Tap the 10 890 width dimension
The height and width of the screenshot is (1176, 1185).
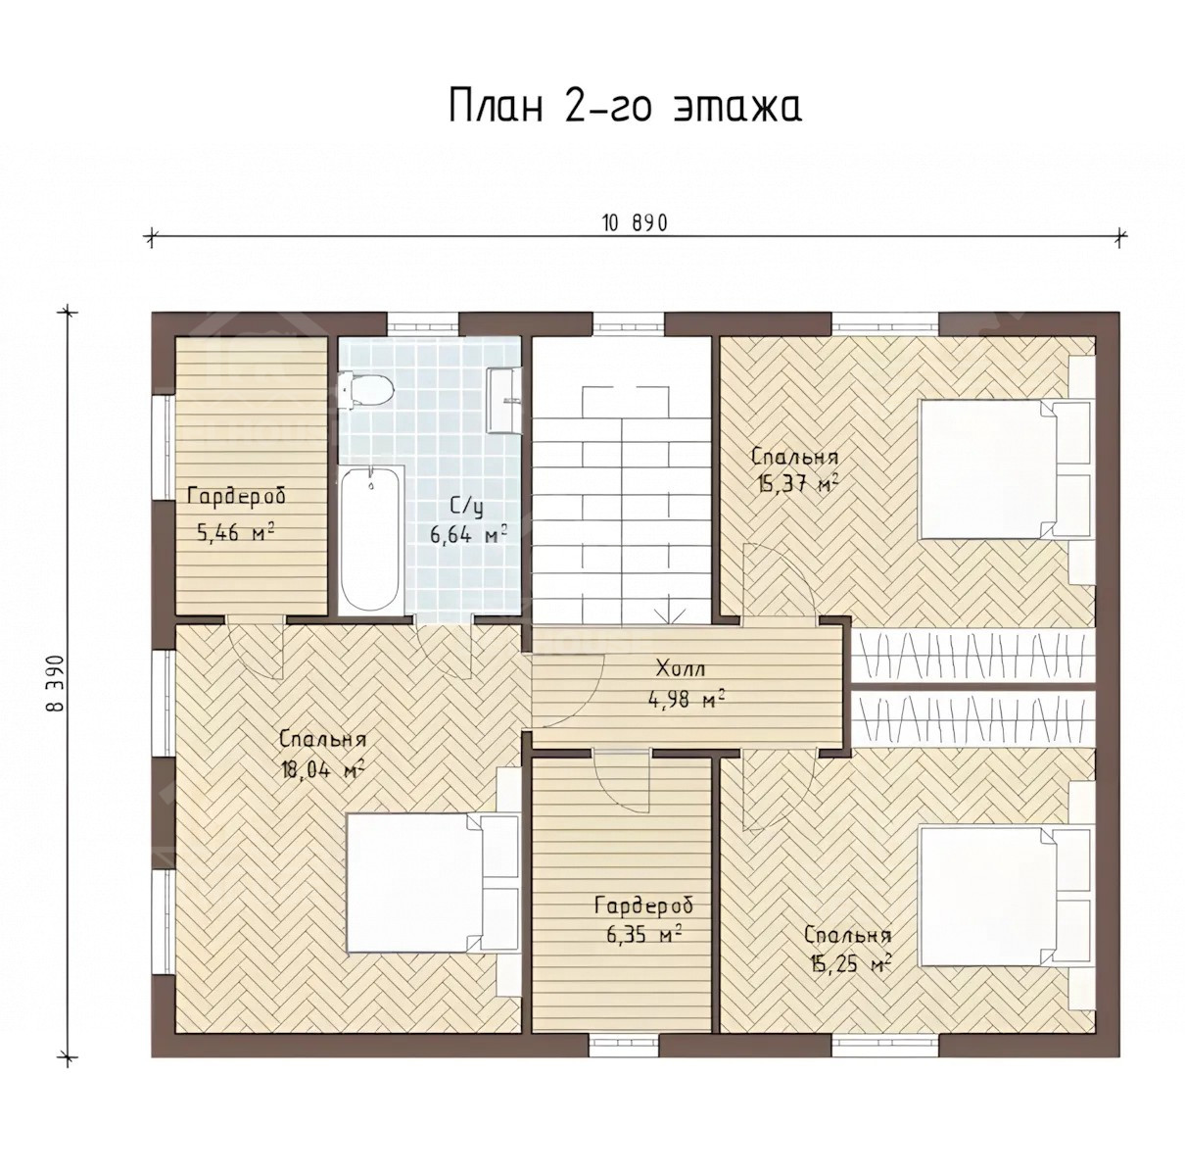tap(635, 223)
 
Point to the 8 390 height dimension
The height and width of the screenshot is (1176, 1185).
tap(57, 692)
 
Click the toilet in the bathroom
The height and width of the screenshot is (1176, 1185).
tap(364, 389)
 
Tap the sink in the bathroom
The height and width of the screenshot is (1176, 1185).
tap(503, 400)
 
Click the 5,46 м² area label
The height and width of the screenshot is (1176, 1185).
tap(235, 531)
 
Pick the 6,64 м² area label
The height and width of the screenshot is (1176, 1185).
tap(468, 533)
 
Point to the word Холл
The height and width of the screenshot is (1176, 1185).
tap(682, 668)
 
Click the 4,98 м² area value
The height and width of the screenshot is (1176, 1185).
tap(686, 699)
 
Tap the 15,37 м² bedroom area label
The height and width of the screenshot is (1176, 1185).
tap(797, 484)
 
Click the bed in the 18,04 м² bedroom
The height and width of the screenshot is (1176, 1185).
tap(432, 883)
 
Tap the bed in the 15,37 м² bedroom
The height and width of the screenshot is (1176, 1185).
tap(1006, 468)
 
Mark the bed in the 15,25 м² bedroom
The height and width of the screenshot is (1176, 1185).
tap(1006, 897)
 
